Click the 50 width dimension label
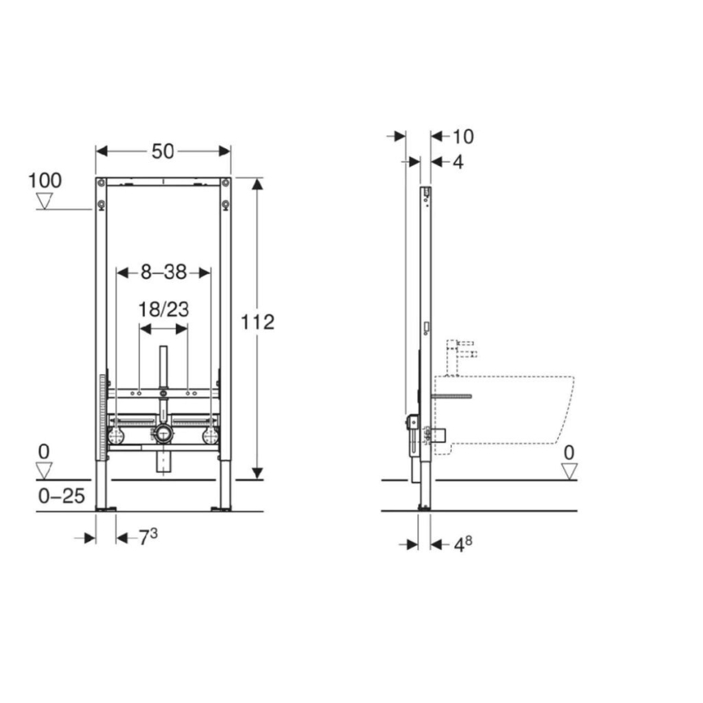[164, 151]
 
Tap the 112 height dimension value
[258, 322]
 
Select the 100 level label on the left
[45, 179]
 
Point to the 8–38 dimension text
[164, 274]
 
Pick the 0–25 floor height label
[62, 496]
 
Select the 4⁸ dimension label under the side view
[461, 544]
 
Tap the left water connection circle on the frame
[117, 435]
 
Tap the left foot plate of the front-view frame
[106, 509]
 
